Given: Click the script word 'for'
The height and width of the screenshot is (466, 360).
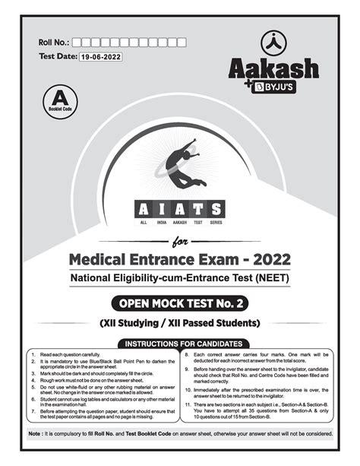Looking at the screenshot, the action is (x=180, y=243).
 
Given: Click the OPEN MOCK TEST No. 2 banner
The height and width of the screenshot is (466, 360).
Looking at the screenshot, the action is (x=180, y=304).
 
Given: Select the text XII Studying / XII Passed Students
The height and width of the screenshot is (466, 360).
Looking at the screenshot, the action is (x=180, y=323).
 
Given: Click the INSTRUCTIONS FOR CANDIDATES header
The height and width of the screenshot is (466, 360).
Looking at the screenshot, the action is (x=180, y=344).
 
